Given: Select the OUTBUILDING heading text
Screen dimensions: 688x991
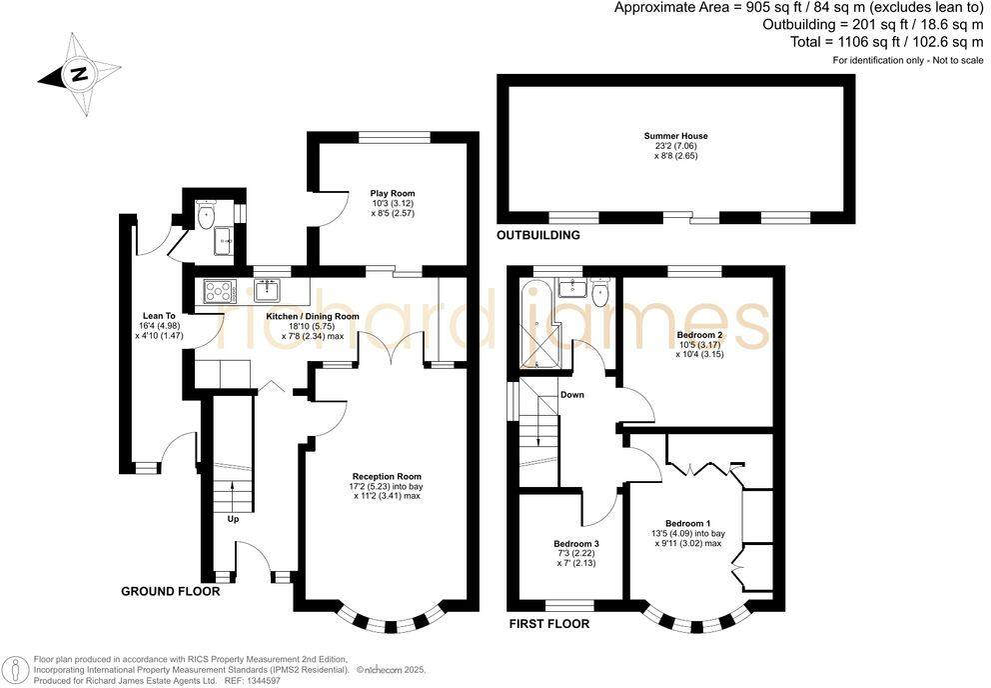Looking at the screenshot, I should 538,236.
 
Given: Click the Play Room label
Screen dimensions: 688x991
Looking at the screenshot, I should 392,193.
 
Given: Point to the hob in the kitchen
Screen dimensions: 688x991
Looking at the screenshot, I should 219,291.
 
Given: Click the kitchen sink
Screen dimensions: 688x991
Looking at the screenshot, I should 267,291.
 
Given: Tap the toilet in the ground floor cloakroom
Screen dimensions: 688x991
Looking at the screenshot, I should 206,214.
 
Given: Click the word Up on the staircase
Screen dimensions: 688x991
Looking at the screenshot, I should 234,520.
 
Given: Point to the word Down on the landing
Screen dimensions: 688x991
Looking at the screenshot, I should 571,395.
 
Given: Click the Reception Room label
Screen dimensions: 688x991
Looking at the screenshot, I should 386,476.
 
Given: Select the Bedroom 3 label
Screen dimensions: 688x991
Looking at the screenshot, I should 575,544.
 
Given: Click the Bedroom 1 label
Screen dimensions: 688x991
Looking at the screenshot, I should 687,524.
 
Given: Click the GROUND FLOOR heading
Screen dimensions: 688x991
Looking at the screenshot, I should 170,591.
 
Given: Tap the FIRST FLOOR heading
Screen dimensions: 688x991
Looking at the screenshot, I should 547,624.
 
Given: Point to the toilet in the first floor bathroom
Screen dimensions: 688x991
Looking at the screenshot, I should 600,293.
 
